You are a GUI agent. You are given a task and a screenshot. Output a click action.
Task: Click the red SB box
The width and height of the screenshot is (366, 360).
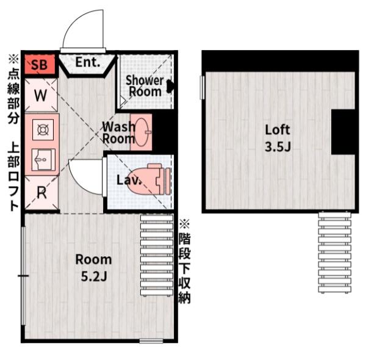40,64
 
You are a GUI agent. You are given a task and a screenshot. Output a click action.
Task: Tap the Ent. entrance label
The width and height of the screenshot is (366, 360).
88,62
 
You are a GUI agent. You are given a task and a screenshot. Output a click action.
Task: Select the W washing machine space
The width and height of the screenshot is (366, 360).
41,95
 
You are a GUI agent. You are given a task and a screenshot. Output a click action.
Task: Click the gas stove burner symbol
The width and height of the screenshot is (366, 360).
43,130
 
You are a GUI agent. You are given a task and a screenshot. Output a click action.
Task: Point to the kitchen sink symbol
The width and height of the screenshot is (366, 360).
43,160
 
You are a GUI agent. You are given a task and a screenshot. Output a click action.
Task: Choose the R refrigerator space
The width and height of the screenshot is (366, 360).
41,193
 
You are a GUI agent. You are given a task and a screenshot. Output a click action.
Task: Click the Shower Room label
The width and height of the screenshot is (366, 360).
145,86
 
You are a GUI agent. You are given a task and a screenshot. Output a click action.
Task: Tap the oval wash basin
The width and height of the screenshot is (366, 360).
142,132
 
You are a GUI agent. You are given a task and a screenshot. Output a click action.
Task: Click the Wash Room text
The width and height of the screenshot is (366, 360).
119,133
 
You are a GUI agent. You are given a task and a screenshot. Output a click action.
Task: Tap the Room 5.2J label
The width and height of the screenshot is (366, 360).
93,268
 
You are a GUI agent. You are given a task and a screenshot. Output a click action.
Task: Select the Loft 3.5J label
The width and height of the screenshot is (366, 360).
278,139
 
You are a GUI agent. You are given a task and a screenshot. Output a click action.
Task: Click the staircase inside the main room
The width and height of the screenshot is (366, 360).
157,255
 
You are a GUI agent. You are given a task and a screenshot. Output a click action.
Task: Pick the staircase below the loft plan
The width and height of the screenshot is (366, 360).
335,252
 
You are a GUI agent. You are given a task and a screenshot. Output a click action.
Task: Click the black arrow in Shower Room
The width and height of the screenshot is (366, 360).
170,86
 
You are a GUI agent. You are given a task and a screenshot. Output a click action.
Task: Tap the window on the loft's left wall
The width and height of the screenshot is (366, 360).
202,87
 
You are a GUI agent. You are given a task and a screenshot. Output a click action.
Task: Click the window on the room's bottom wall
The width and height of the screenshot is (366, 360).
151,341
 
